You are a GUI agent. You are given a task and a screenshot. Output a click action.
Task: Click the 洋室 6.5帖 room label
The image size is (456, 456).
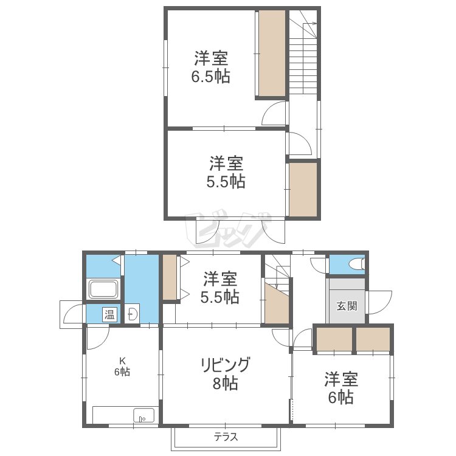pos(211,67)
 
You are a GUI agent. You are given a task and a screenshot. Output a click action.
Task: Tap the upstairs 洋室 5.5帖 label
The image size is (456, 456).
pos(226,172)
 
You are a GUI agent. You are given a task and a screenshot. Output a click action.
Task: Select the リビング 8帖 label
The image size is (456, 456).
pos(226,373)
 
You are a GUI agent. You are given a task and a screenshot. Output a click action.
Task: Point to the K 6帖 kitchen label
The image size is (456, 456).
pos(122,367)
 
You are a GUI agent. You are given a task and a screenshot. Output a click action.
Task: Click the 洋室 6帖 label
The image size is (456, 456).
pos(341,388)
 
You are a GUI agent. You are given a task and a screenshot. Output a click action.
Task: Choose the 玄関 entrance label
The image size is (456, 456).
pos(347,306)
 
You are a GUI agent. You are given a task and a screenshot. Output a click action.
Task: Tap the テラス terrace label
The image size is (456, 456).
pos(226,437)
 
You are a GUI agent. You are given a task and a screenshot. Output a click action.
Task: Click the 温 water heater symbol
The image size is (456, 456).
pos(109,314)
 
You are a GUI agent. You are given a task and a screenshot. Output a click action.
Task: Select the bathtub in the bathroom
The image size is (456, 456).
pos(103,289)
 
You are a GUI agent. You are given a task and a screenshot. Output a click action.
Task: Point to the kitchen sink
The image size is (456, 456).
pos(143,415)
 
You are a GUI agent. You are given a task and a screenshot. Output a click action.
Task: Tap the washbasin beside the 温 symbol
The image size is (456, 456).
pos(133,314)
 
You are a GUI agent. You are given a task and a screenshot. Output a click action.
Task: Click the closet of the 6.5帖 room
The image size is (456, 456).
pos(272,54)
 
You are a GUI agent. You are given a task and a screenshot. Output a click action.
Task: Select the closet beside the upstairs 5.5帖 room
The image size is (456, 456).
pos(303,189)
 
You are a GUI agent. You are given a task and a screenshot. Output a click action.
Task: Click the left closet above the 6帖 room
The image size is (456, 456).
pos(334,339)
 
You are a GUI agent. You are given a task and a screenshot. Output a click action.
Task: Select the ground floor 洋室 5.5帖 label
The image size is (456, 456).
pos(220,288)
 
